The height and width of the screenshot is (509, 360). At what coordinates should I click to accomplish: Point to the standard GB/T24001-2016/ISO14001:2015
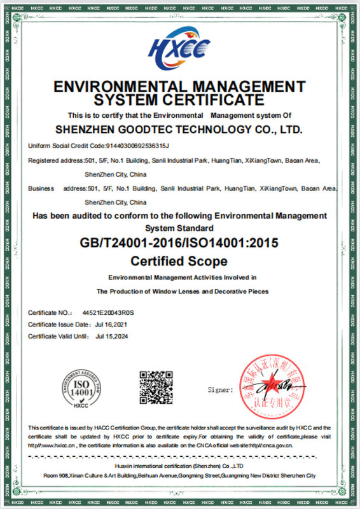coord(180,243)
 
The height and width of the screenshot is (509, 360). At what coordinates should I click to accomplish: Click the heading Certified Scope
coord(180,260)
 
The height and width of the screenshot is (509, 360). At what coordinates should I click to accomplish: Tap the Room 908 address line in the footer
coord(180,476)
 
